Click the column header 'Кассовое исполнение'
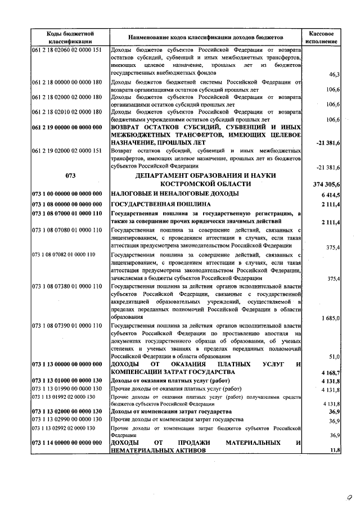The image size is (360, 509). click(323, 37)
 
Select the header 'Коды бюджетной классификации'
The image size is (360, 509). click(70, 37)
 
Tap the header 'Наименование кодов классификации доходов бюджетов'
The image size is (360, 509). click(206, 37)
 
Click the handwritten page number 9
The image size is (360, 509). click(349, 497)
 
